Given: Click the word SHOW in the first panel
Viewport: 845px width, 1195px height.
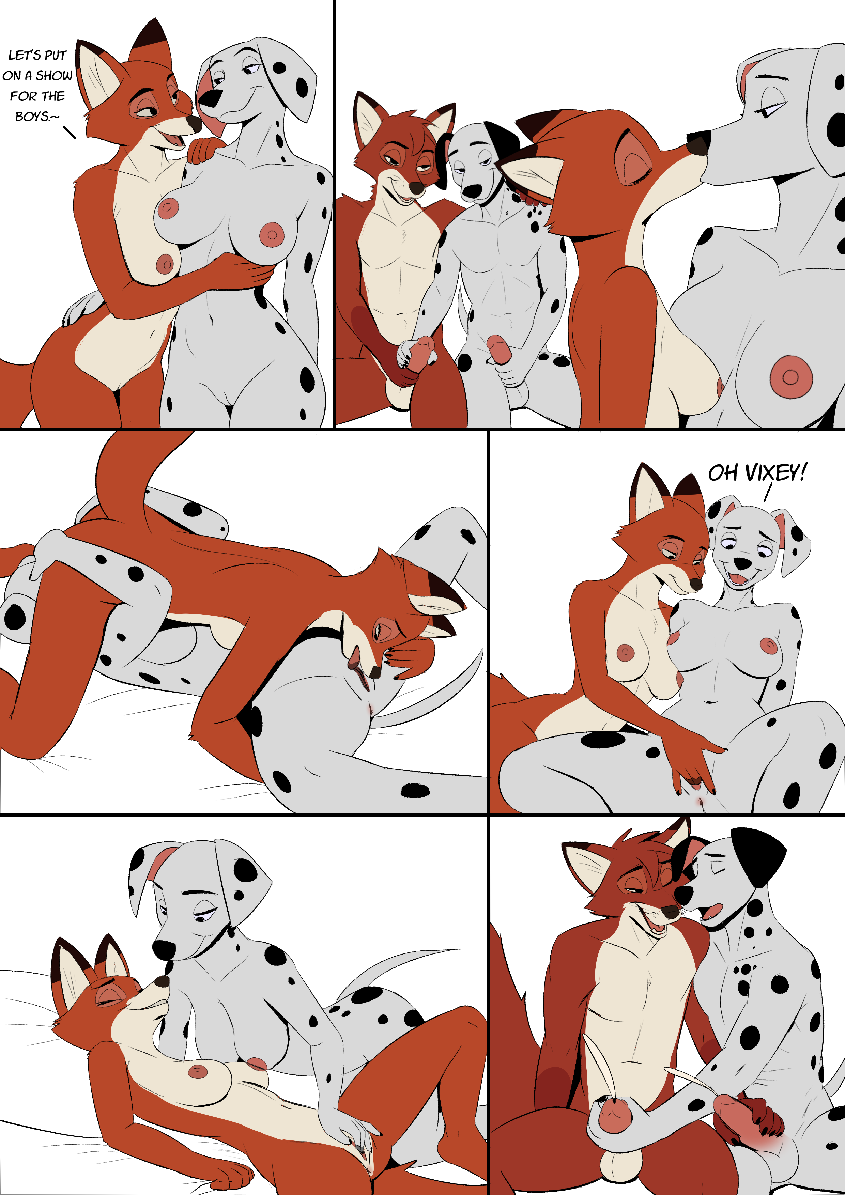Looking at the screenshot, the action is [x=54, y=76].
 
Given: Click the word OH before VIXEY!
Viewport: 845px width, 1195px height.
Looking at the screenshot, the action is [x=723, y=472].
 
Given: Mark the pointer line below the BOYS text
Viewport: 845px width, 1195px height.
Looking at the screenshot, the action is [x=70, y=133].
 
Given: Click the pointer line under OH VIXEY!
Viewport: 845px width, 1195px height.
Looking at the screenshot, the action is [x=767, y=492].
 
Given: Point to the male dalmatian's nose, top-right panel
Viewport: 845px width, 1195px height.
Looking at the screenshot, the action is [x=472, y=191].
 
